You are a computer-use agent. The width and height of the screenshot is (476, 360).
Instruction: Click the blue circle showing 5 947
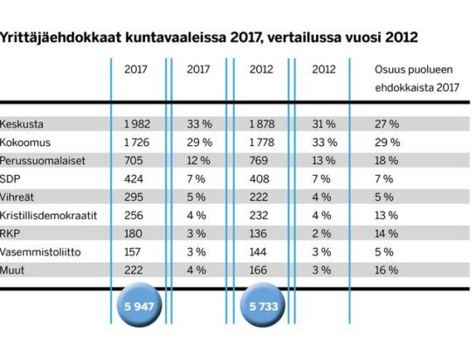140,305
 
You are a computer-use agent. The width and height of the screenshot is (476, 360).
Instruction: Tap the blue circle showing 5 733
263,305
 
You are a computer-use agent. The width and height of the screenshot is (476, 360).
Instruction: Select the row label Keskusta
22,124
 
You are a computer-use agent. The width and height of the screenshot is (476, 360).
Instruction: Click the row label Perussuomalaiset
43,161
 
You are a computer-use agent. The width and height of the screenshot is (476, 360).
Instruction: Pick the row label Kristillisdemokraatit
48,216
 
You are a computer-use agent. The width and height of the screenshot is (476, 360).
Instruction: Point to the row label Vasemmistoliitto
40,252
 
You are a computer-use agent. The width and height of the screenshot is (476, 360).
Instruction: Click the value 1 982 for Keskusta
137,124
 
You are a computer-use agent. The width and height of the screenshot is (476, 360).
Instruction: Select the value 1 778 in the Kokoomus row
262,142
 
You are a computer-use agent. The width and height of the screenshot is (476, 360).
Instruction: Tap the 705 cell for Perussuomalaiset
134,161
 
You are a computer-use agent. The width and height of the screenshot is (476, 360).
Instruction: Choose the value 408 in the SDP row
259,178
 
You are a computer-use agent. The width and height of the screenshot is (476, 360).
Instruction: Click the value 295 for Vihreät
134,197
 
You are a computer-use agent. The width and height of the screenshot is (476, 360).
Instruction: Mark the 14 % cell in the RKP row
386,233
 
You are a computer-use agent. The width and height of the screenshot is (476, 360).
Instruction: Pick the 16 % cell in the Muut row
386,270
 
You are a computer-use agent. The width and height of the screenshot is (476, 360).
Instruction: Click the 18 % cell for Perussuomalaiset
386,161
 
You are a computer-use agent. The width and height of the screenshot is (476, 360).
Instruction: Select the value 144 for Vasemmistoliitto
258,252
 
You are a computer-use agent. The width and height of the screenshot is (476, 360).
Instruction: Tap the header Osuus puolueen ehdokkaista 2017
417,79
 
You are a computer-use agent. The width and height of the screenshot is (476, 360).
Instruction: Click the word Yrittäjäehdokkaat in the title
60,38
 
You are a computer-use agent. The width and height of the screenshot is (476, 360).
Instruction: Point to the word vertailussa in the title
304,38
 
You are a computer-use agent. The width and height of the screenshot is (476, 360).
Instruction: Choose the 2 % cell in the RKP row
321,233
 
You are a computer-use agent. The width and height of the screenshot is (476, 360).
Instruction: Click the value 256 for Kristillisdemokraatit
134,216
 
